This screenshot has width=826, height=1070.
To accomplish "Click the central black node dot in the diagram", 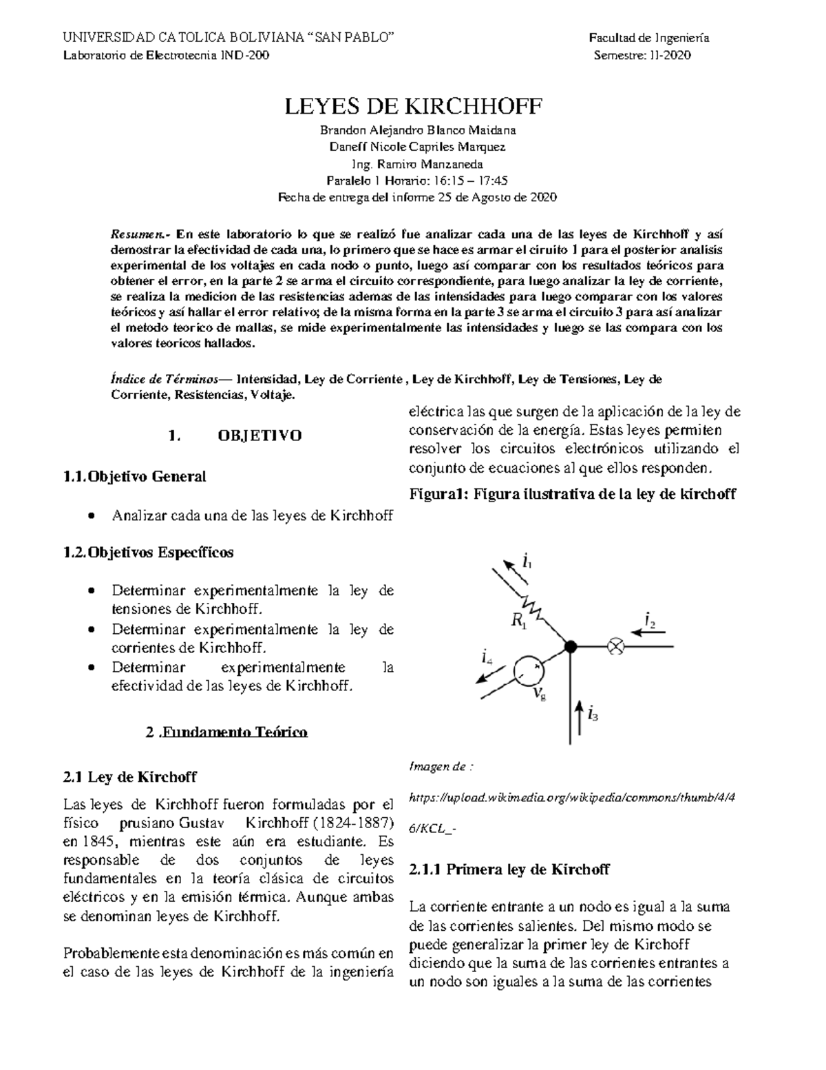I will coord(570,646).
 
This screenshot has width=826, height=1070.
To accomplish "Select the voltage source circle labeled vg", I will coord(529,670).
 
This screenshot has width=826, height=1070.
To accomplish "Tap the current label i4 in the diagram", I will coord(487,657).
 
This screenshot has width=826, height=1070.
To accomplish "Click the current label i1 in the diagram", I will coord(527,561).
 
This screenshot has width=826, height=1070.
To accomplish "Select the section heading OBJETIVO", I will coord(260,436).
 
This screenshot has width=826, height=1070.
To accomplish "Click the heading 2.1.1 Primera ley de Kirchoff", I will coord(509,869).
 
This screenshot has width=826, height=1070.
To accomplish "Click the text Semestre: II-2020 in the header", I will coord(642,55).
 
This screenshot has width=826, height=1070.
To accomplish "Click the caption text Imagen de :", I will coord(441,766).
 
